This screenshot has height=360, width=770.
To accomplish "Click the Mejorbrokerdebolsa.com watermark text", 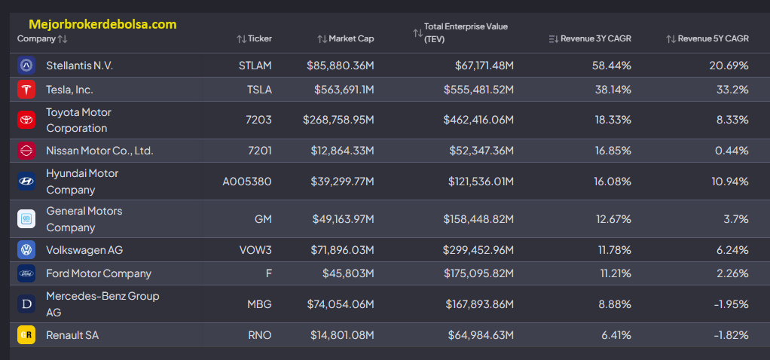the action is [102, 24].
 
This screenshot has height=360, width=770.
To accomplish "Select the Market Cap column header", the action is [351, 39].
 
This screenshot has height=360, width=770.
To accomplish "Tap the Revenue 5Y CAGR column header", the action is [713, 39].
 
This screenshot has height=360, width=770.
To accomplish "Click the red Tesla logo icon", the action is [26, 90].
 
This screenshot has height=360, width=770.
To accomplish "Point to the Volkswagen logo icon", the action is [26, 250].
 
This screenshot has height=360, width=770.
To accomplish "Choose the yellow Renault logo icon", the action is [26, 335].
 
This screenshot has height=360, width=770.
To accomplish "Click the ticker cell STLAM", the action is [254, 66].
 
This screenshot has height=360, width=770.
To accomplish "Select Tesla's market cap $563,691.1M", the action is [344, 90].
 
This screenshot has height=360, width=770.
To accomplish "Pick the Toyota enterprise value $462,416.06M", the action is [478, 120].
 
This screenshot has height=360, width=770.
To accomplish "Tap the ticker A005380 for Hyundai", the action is [247, 182].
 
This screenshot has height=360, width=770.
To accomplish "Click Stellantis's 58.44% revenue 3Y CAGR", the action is [611, 66].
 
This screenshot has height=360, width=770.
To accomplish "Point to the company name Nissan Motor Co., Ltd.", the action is [99, 151].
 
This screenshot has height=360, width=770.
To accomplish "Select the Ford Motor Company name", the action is [99, 273].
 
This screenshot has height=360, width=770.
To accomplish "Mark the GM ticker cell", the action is [263, 219].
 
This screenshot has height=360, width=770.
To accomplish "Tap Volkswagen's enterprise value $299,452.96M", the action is [478, 250].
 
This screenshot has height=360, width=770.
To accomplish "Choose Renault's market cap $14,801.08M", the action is [342, 335].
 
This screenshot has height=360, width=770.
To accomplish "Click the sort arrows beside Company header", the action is [63, 39].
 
